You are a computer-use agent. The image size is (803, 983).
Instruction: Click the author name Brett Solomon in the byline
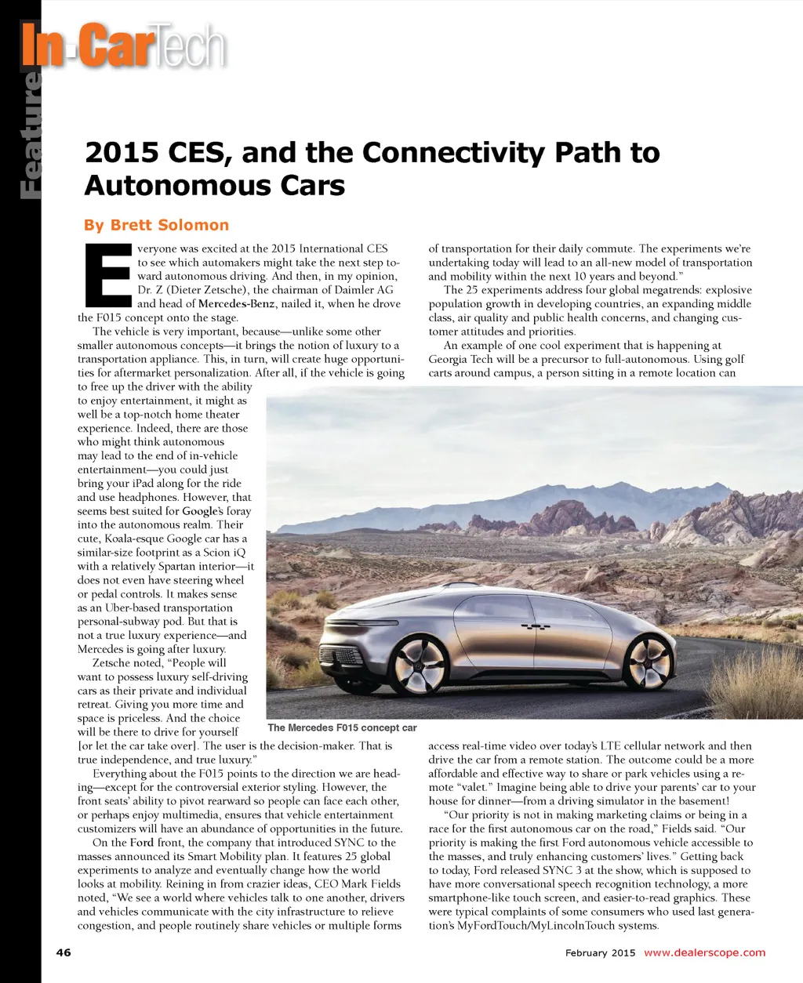coord(169,225)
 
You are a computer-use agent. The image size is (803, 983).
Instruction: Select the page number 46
coord(64,952)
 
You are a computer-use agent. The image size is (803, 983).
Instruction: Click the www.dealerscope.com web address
coord(704,952)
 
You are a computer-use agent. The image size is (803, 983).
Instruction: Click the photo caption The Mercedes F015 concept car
coord(342,727)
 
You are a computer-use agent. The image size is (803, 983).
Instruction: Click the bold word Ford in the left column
coord(142,843)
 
